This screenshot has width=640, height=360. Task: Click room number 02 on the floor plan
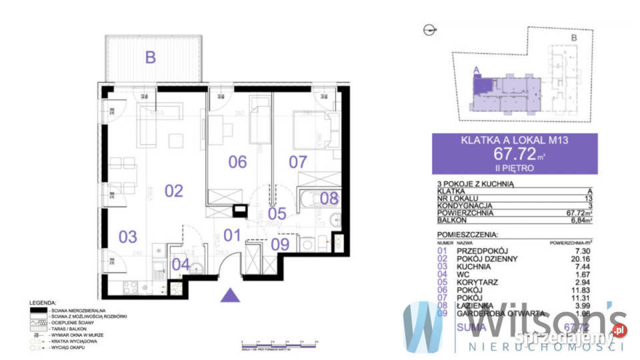click(x=173, y=191)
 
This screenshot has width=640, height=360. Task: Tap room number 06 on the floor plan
click(x=237, y=161)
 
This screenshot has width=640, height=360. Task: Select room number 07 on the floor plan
click(x=297, y=161)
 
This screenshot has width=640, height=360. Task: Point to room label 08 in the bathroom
click(x=329, y=197)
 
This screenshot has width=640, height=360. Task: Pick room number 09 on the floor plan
click(x=281, y=244)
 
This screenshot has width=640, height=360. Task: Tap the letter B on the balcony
click(x=151, y=57)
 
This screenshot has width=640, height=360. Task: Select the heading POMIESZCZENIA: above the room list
click(x=467, y=235)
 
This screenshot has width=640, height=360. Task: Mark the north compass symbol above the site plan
click(x=429, y=29)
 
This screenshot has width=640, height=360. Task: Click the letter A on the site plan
click(x=475, y=69)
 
